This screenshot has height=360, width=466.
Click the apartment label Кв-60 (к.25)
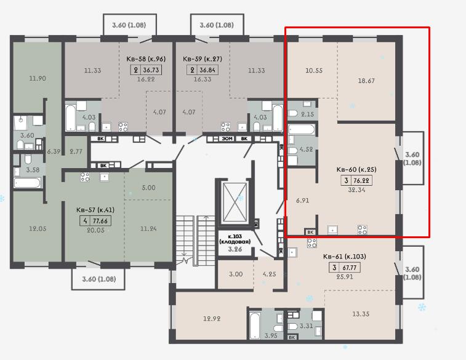(356, 170)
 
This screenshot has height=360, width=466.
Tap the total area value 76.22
(361, 180)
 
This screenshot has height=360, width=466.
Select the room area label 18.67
(366, 81)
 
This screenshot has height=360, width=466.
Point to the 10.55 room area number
(314, 70)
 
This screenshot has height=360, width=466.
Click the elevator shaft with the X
(235, 202)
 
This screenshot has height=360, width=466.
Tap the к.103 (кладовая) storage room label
(235, 239)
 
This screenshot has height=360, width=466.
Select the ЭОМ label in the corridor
(227, 138)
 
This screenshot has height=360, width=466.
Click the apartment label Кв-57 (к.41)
(95, 210)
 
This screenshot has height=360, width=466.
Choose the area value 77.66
(100, 221)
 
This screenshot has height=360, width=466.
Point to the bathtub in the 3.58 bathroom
(27, 182)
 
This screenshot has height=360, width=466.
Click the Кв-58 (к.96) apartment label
(146, 59)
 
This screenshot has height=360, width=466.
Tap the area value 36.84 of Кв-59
(207, 70)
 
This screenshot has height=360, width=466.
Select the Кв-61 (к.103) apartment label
(345, 257)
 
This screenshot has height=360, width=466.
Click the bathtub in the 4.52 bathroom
(301, 130)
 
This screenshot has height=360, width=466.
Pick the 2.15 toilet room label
(307, 114)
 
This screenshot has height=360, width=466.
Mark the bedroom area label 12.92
(212, 319)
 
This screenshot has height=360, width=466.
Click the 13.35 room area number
(361, 314)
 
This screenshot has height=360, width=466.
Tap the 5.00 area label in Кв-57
(148, 188)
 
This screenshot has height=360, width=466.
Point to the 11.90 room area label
(38, 78)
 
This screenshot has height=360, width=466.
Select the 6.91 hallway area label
(302, 201)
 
